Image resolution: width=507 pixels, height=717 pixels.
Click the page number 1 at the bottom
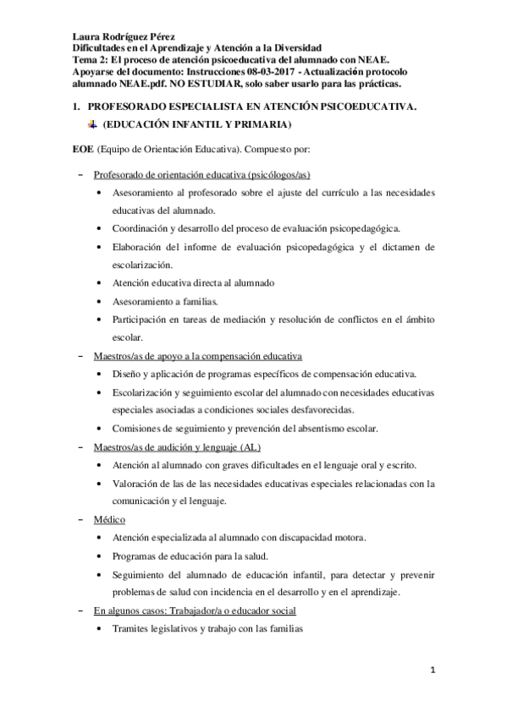pos(433,670)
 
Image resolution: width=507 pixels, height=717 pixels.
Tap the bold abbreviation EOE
pos(82,150)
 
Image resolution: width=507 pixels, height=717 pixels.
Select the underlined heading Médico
pos(110,518)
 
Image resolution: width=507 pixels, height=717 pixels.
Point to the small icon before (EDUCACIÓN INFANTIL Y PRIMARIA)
pos(92,125)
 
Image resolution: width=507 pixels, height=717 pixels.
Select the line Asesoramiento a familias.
pos(165,300)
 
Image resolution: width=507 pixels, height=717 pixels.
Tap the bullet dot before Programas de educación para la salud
pos(102,556)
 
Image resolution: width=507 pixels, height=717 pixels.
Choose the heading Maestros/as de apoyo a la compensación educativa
pos(198,355)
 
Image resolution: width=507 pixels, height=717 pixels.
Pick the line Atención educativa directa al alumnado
pos(194,282)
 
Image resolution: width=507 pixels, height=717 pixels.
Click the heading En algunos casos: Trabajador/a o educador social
pos(195,610)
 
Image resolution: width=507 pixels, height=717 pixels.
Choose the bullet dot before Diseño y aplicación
pos(102,374)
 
